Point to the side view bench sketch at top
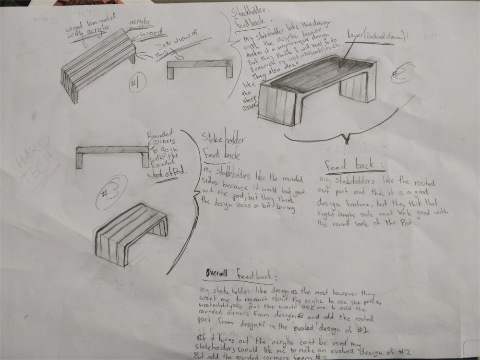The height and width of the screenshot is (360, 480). tap(200, 67)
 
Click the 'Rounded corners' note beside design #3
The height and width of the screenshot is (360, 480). tap(165, 153)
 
